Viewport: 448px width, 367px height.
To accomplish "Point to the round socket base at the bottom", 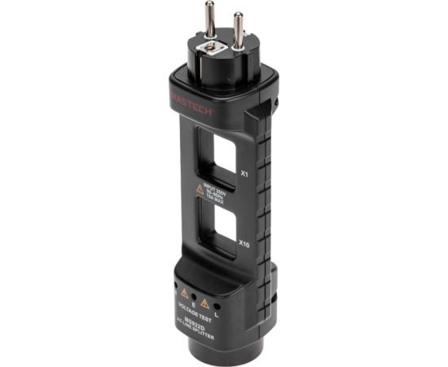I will pos(200,351).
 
